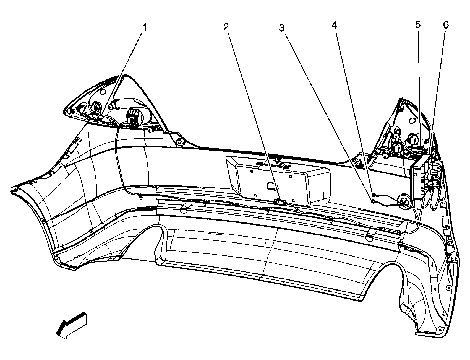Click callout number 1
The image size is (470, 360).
[145, 27]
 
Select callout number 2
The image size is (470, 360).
[226, 27]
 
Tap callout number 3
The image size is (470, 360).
[282, 28]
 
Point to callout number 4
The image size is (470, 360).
[334, 25]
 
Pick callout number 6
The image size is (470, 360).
[446, 25]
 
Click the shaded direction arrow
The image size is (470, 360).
[72, 325]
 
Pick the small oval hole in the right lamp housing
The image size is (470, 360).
[412, 121]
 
